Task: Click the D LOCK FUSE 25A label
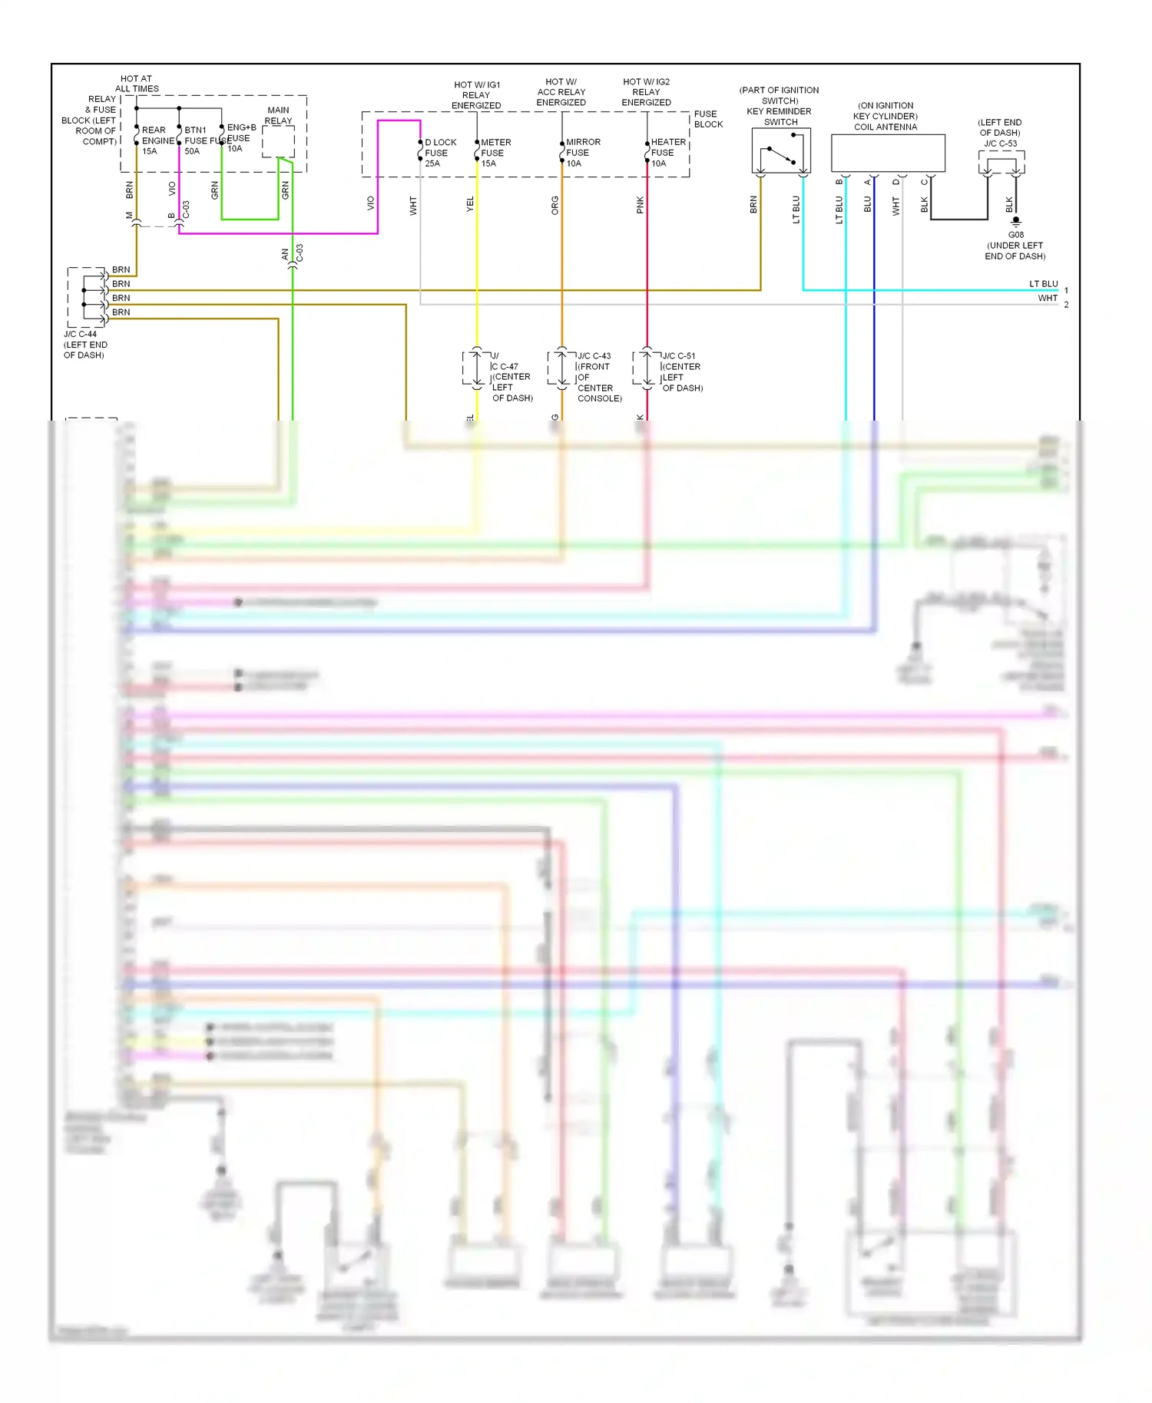(x=439, y=153)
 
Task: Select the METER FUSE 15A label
(x=495, y=153)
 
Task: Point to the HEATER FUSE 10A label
(x=667, y=153)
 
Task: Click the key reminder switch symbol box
(x=781, y=150)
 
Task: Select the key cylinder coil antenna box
(x=888, y=153)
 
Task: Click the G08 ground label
(x=1015, y=235)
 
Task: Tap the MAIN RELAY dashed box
(x=278, y=142)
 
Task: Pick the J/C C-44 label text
(x=81, y=334)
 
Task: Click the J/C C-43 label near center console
(x=594, y=356)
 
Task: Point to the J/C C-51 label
(x=679, y=356)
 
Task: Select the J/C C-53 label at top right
(x=1000, y=144)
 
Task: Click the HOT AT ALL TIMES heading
(x=137, y=84)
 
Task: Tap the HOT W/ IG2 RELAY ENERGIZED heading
(x=646, y=92)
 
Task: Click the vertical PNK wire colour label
(x=640, y=205)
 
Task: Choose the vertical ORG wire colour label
(x=554, y=205)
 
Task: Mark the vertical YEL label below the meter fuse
(x=470, y=204)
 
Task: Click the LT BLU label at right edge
(x=1043, y=284)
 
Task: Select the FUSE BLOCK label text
(x=708, y=119)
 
